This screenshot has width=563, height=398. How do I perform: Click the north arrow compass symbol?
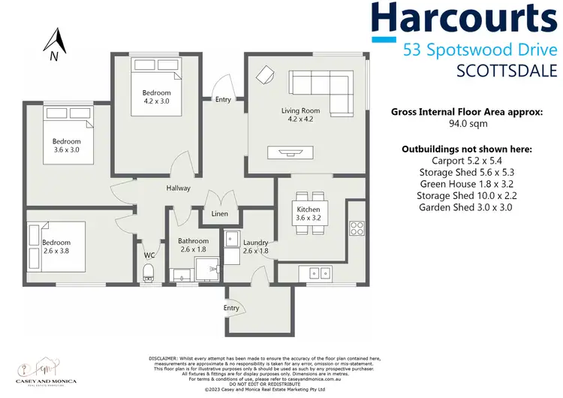53,44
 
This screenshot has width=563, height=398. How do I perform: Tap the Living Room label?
300,111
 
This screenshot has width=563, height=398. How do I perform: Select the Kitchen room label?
308,210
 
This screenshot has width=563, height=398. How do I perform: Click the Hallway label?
178,188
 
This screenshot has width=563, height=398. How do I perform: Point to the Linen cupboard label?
219,215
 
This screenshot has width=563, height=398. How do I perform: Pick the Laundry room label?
255,243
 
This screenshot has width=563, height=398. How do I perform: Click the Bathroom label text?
192,242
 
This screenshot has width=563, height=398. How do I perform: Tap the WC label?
149,255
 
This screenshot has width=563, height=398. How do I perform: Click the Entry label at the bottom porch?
231,308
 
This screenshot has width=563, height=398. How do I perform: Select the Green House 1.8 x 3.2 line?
467,183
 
